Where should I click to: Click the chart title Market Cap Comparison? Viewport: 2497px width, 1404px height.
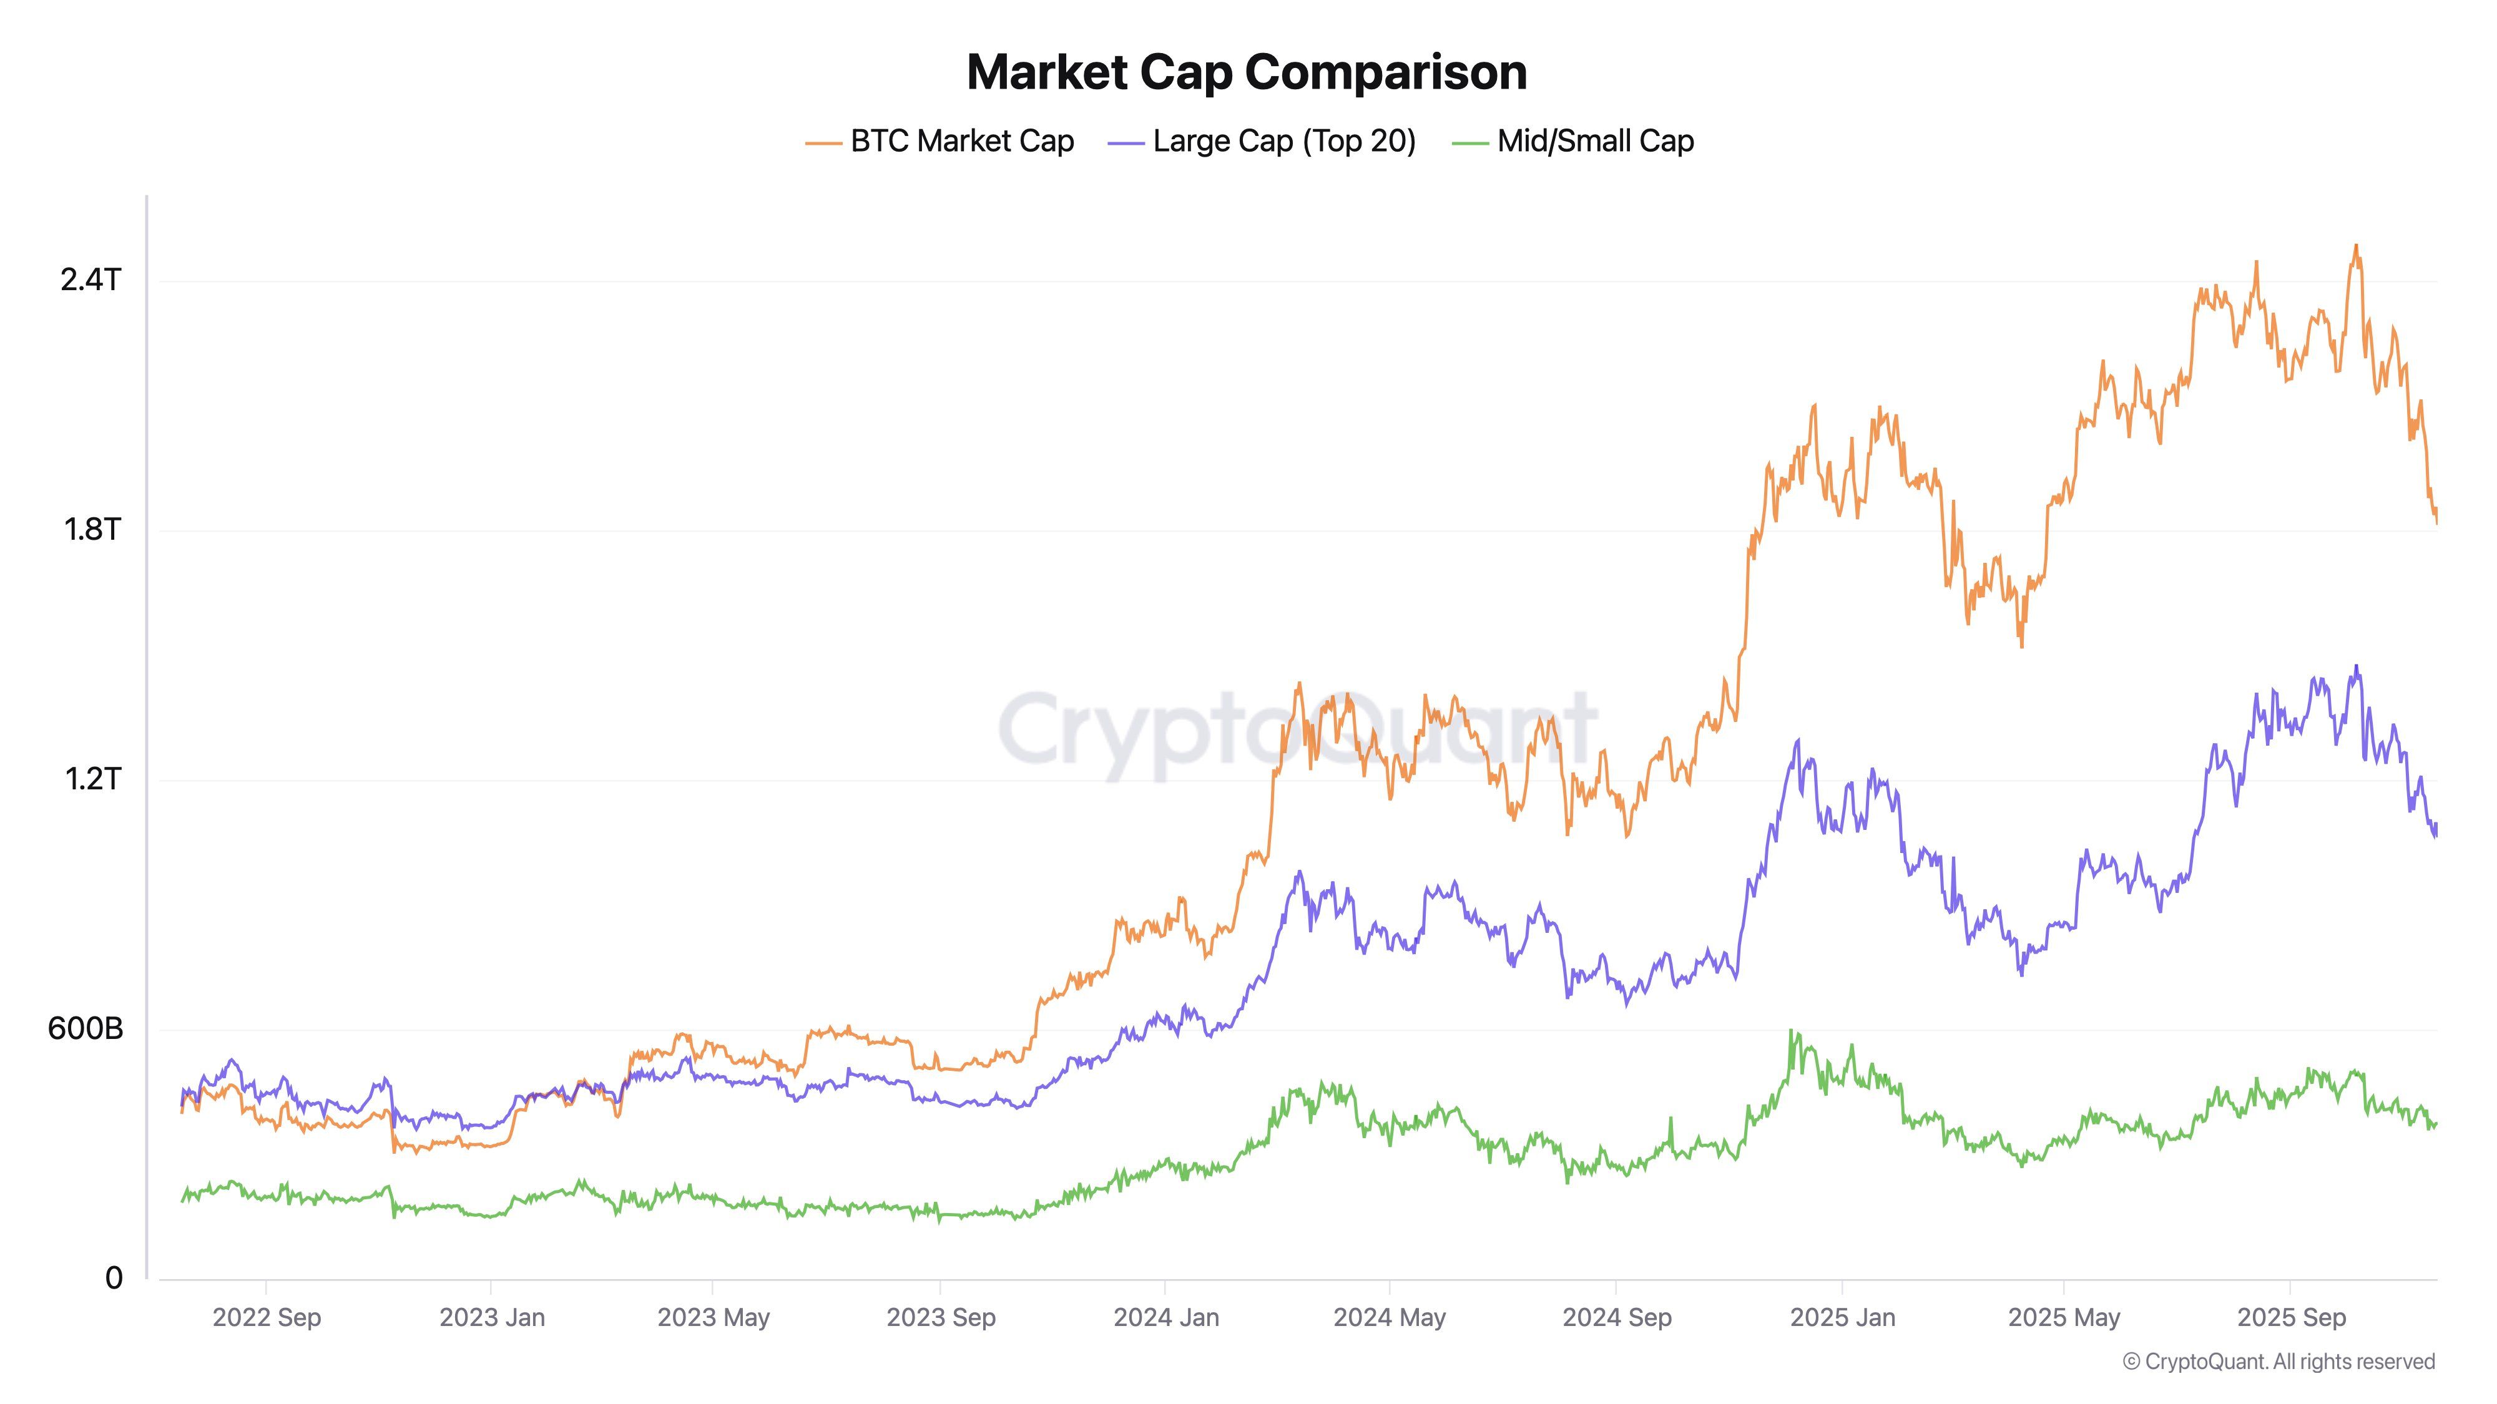[1247, 72]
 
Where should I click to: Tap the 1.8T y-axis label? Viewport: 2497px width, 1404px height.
[92, 529]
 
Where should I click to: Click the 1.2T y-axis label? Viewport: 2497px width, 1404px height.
[92, 778]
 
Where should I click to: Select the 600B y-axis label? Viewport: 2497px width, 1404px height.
[86, 1028]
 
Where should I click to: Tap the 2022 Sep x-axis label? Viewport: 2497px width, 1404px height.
[267, 1318]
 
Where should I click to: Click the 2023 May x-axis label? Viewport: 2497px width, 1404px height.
[714, 1318]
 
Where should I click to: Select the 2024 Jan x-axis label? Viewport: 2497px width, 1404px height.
[1166, 1318]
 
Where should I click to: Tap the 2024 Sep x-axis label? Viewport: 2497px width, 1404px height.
[1617, 1318]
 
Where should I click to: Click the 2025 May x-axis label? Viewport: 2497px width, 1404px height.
[2064, 1318]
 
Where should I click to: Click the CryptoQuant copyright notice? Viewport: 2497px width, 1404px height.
[2278, 1362]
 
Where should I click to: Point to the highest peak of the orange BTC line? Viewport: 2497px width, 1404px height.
[2357, 246]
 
